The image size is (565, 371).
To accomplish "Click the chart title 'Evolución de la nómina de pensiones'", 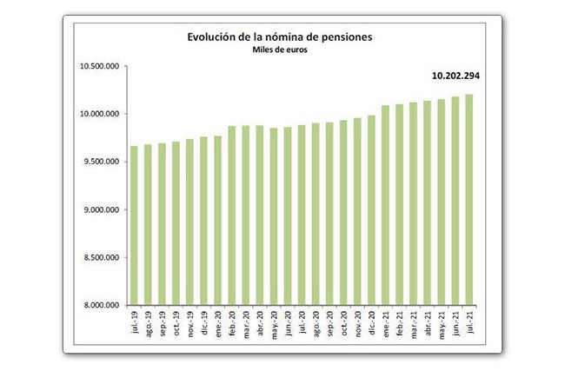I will (280, 37).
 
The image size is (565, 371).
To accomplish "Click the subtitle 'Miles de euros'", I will (280, 50).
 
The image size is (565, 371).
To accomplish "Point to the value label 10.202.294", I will (455, 76).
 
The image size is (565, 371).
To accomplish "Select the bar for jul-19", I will (134, 225).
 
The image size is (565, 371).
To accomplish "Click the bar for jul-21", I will (469, 200).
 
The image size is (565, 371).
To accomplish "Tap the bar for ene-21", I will (385, 205).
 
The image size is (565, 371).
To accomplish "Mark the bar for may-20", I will (274, 216).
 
